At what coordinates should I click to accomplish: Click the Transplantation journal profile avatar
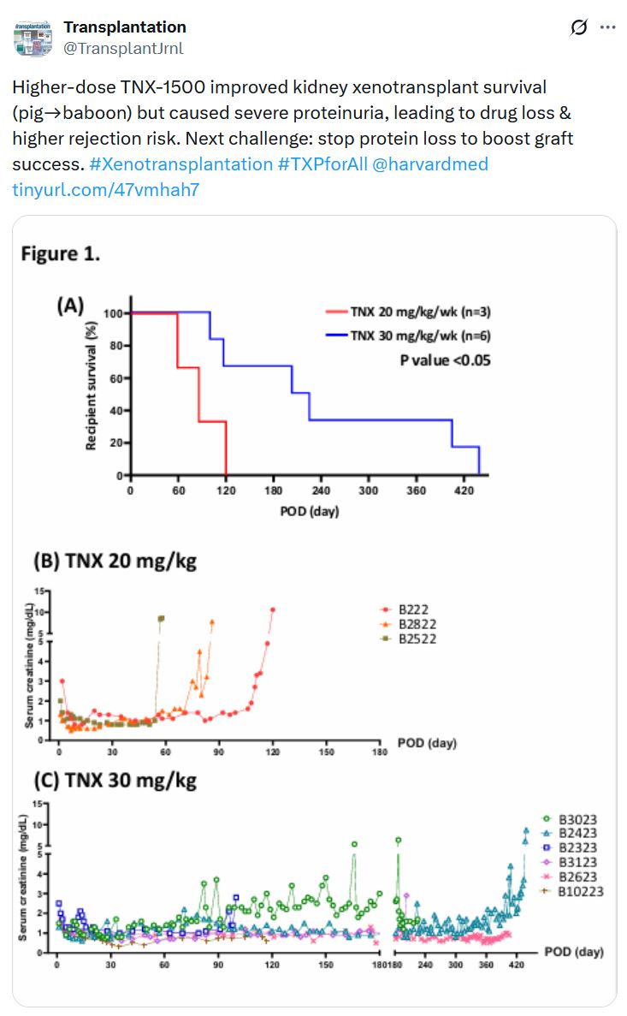tap(33, 39)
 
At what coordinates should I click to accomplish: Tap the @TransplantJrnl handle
tap(123, 49)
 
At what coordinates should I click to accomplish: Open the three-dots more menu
tap(607, 27)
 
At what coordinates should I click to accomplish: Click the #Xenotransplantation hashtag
tap(180, 163)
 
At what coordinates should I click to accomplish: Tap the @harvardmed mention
tap(430, 163)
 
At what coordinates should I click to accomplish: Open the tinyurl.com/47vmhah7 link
tap(105, 189)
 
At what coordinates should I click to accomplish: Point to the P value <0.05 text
tap(445, 360)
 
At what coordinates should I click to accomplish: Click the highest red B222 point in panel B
tap(273, 609)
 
